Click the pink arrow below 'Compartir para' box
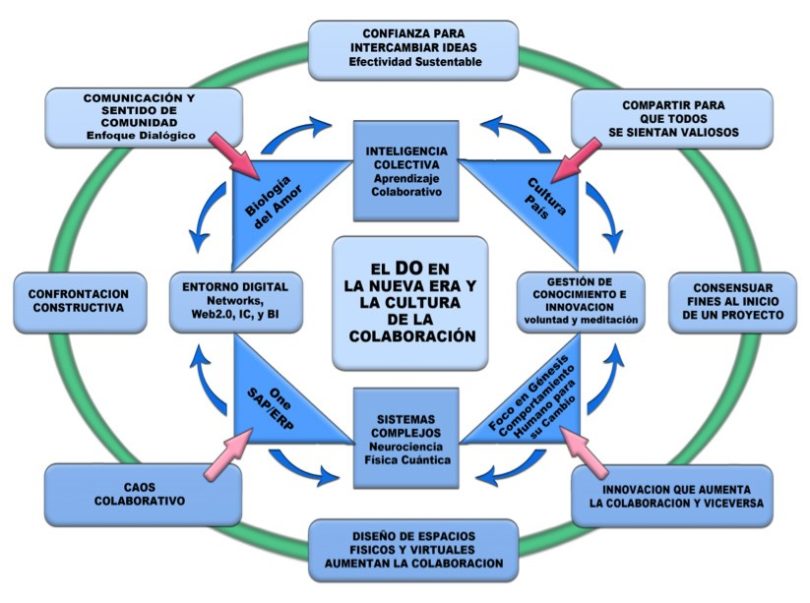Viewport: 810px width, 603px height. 574,158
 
